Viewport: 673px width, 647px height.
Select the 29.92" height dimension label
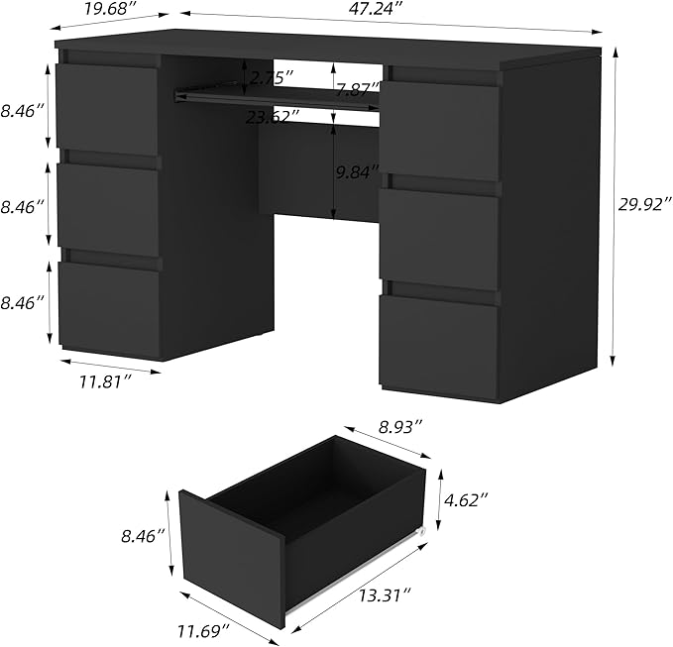tap(645, 205)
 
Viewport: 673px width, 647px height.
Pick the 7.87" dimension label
tap(357, 90)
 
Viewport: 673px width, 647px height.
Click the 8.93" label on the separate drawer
tap(400, 427)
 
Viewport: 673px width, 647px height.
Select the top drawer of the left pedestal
tap(107, 108)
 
